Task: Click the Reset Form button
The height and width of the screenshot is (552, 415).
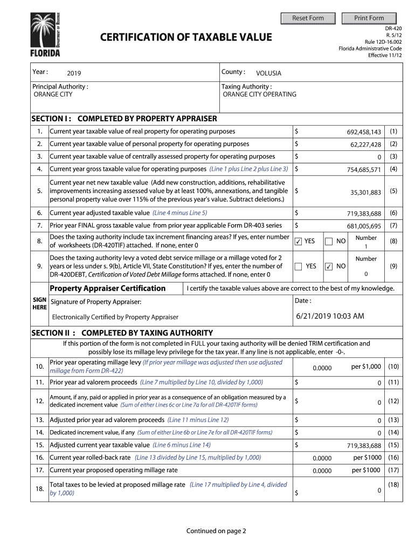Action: click(x=308, y=18)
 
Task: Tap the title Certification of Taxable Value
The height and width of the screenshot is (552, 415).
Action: click(x=186, y=37)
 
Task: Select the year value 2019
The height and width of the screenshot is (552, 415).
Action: click(x=74, y=73)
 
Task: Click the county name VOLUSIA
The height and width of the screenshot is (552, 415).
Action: click(x=268, y=73)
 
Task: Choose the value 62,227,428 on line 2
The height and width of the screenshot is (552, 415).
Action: click(x=365, y=144)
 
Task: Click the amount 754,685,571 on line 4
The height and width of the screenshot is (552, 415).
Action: click(x=364, y=170)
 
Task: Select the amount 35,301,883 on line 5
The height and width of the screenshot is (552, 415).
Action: click(x=365, y=192)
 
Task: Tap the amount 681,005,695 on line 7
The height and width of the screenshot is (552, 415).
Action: click(x=364, y=226)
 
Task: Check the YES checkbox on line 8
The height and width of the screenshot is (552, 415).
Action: click(x=298, y=241)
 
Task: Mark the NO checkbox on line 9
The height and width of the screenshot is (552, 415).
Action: click(x=329, y=266)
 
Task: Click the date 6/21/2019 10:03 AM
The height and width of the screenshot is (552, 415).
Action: click(x=330, y=316)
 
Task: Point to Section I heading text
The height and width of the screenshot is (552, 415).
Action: click(x=124, y=119)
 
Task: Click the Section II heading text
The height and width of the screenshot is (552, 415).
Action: click(x=122, y=333)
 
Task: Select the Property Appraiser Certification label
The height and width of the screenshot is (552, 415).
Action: click(x=108, y=288)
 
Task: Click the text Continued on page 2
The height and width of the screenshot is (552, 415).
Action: click(x=216, y=531)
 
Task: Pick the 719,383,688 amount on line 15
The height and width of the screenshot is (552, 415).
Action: click(x=364, y=446)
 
